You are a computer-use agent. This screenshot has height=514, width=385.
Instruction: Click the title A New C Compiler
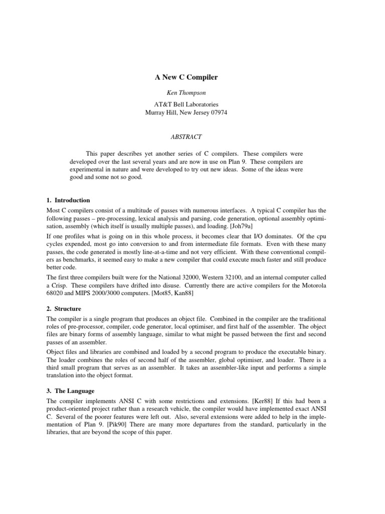(x=185, y=78)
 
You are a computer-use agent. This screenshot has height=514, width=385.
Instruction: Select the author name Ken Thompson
(x=185, y=94)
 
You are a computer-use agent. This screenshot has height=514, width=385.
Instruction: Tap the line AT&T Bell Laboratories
(x=185, y=105)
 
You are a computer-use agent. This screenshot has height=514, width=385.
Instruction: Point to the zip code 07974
(x=216, y=113)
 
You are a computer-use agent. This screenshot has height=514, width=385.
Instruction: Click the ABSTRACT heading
(x=185, y=136)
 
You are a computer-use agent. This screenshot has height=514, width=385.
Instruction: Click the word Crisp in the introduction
(x=61, y=285)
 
